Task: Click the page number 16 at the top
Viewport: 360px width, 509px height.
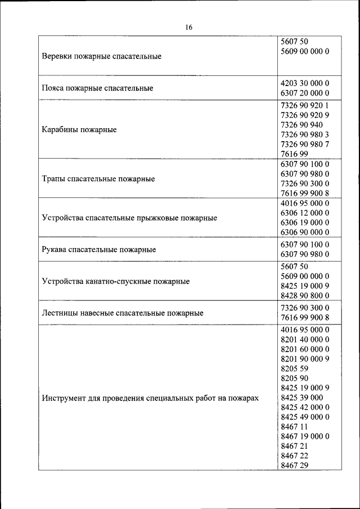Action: click(188, 28)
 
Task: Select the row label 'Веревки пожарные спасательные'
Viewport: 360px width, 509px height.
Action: click(102, 57)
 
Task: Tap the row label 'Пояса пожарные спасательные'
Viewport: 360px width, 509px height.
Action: click(97, 88)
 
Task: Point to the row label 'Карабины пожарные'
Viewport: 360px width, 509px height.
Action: click(79, 130)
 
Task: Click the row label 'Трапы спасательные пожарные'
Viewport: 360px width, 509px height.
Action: click(98, 179)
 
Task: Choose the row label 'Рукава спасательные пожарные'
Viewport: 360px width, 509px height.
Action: click(99, 249)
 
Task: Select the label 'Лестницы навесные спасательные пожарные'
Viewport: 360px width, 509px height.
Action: click(123, 313)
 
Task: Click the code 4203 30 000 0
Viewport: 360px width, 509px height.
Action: click(304, 83)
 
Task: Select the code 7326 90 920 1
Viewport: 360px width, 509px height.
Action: click(304, 105)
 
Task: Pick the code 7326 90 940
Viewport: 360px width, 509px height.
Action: click(301, 124)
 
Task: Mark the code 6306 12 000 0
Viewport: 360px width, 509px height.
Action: click(304, 213)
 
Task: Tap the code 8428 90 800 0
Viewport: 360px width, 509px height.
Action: click(304, 295)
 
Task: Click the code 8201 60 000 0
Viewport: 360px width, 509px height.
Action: click(304, 349)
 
